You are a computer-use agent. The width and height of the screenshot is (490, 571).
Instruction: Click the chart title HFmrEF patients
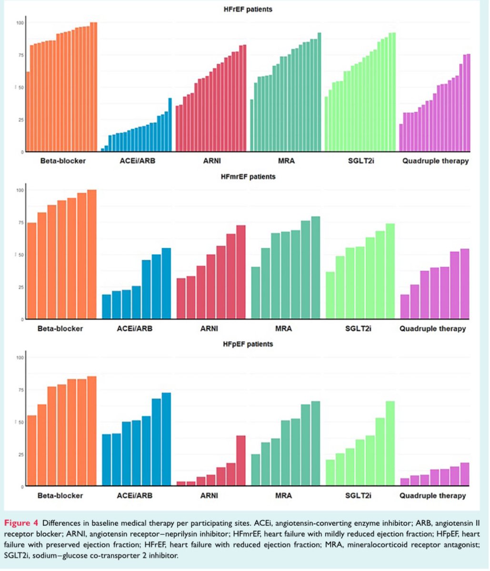click(x=248, y=177)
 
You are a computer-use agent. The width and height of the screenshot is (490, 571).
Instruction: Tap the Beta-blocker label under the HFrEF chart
click(x=63, y=161)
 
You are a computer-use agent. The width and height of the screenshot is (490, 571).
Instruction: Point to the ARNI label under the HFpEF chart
click(x=210, y=496)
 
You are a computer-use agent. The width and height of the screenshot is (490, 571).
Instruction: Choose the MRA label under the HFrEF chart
click(x=285, y=161)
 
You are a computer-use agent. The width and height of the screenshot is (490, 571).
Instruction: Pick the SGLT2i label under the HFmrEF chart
click(x=360, y=328)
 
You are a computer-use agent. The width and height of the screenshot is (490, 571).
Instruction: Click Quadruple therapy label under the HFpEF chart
click(x=433, y=496)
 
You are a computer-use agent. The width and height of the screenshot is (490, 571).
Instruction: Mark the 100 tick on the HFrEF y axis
click(x=20, y=23)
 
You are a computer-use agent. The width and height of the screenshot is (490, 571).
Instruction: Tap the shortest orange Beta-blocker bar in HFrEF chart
click(x=28, y=112)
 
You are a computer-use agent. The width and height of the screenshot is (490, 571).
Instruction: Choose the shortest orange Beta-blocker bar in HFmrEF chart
click(x=32, y=271)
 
